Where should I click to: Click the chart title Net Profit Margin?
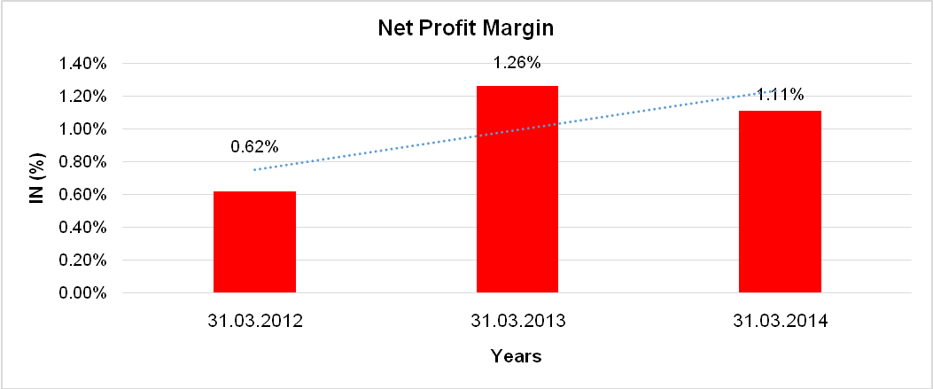(465, 28)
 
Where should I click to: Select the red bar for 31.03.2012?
(255, 242)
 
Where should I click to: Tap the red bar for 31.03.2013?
(517, 189)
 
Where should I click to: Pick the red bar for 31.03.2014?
(780, 201)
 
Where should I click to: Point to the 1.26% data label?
(517, 63)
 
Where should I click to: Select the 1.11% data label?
(780, 94)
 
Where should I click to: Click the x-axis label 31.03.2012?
(254, 322)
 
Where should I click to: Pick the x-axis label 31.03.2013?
(517, 322)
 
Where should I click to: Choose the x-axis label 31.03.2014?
(780, 322)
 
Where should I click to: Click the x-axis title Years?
(517, 357)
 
